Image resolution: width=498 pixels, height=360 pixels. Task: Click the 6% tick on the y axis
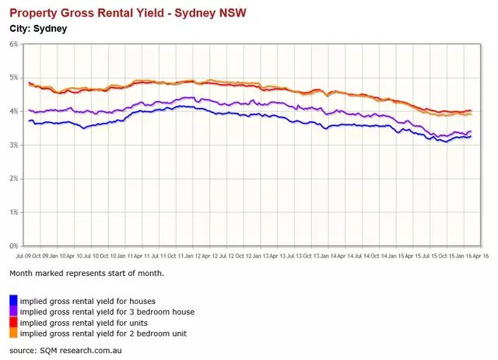click(x=13, y=44)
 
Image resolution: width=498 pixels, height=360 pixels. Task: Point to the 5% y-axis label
click(x=13, y=78)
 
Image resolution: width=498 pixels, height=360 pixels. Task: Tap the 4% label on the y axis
click(x=13, y=111)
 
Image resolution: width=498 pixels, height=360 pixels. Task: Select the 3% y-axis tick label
click(x=13, y=145)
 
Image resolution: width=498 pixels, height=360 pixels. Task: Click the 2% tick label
click(x=13, y=179)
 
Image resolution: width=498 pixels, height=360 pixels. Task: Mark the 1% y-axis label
click(x=13, y=212)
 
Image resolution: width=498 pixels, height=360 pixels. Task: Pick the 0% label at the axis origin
click(x=13, y=246)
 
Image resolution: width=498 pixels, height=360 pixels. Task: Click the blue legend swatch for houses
click(x=13, y=300)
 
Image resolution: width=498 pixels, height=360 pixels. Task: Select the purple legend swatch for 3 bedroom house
click(x=13, y=311)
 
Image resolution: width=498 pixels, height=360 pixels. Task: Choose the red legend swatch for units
click(x=13, y=322)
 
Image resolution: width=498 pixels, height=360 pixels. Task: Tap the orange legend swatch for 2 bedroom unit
click(x=13, y=333)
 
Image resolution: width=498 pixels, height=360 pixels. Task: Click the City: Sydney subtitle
click(x=38, y=29)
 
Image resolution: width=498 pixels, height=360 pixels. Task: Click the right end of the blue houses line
click(x=471, y=136)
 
